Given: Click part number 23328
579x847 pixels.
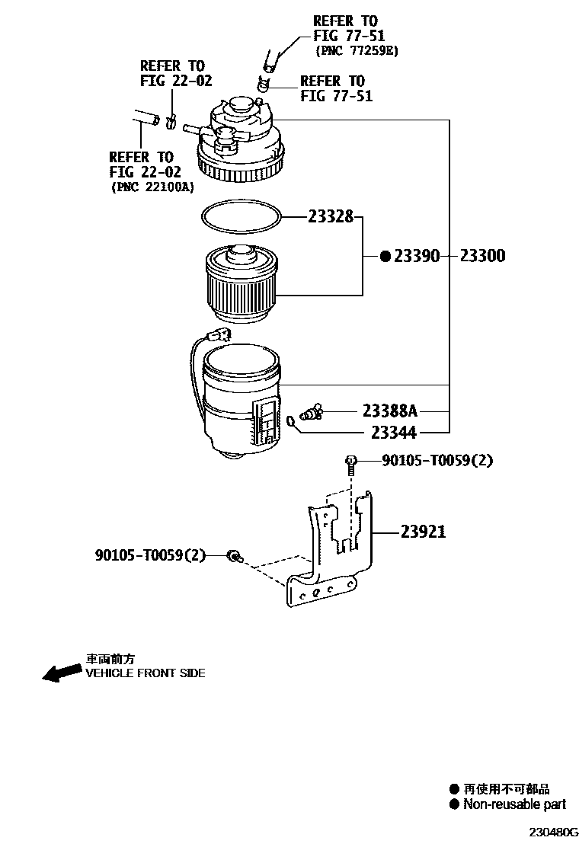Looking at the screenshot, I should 331,217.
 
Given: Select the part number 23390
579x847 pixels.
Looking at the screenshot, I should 417,257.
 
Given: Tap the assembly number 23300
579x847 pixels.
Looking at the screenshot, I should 482,257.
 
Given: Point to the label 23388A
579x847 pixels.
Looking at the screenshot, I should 390,411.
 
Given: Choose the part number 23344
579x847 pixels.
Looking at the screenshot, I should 394,433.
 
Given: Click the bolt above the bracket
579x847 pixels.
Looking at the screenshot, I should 350,463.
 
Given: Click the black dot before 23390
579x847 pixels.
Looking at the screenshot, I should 385,257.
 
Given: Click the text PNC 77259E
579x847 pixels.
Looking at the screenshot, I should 357,51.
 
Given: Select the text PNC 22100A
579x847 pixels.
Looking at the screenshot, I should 152,186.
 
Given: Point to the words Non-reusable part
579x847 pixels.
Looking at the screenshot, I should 514,804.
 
